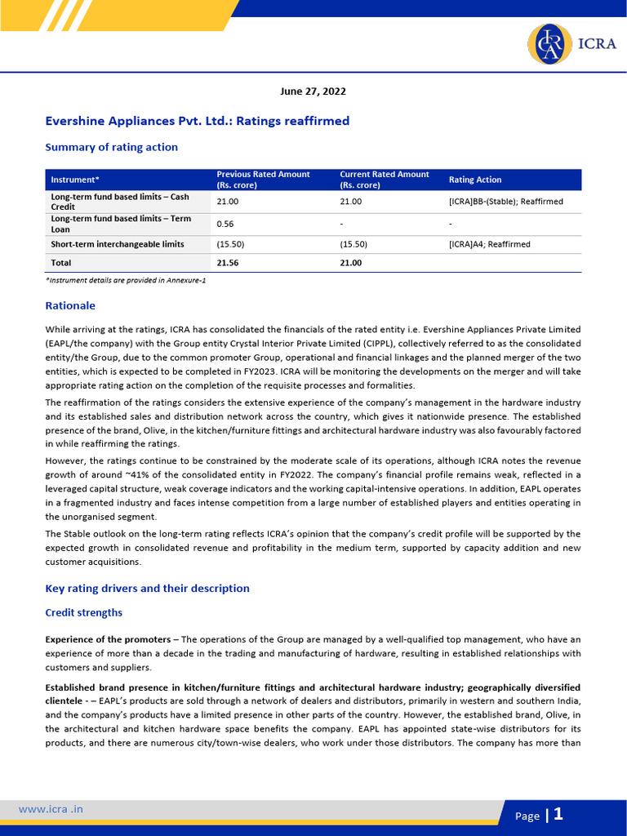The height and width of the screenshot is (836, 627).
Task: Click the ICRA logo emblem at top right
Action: point(550,43)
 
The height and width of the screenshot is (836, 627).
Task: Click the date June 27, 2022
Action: point(313,91)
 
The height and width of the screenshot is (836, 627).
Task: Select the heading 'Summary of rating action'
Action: point(111,147)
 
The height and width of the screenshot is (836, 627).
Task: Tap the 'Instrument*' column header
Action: point(75,180)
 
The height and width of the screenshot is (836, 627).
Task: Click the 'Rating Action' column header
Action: point(475,180)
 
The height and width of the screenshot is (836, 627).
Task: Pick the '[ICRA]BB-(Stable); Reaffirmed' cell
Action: point(505,201)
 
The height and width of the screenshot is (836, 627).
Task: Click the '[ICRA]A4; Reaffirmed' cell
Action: point(489,244)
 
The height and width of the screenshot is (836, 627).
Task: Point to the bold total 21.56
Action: point(228,263)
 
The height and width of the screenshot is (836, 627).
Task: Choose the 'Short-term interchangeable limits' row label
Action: point(118,244)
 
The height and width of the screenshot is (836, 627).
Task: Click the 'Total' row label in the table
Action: point(61,263)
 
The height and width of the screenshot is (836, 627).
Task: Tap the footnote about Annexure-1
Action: point(125,280)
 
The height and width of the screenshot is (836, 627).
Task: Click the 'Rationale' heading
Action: point(70,305)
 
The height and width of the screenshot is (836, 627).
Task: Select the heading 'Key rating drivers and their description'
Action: point(147,588)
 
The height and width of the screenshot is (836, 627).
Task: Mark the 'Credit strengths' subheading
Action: point(83,611)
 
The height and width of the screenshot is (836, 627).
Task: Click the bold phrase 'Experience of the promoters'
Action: point(108,638)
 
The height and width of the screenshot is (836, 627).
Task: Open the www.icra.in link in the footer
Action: point(51,809)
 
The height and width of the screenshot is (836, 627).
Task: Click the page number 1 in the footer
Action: point(558,814)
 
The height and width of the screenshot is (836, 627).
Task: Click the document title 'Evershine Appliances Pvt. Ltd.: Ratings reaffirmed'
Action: point(197,121)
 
